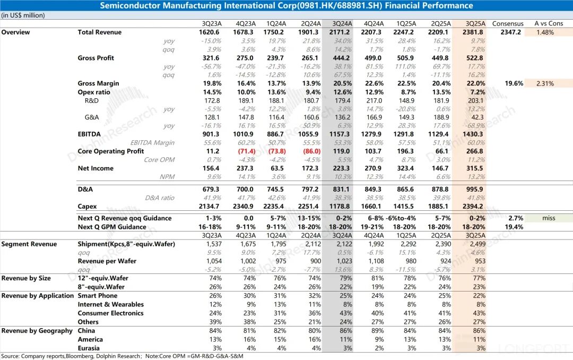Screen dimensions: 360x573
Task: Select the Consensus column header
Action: click(x=508, y=23)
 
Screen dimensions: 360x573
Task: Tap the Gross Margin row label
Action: click(x=98, y=83)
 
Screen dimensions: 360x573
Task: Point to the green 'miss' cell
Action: click(x=548, y=218)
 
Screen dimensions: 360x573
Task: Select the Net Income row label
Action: click(x=95, y=168)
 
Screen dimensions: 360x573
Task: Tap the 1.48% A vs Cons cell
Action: click(x=545, y=32)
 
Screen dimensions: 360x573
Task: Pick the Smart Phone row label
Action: click(x=98, y=296)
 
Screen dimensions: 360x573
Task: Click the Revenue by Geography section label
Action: click(x=37, y=331)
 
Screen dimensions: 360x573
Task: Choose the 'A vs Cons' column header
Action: click(x=549, y=23)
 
